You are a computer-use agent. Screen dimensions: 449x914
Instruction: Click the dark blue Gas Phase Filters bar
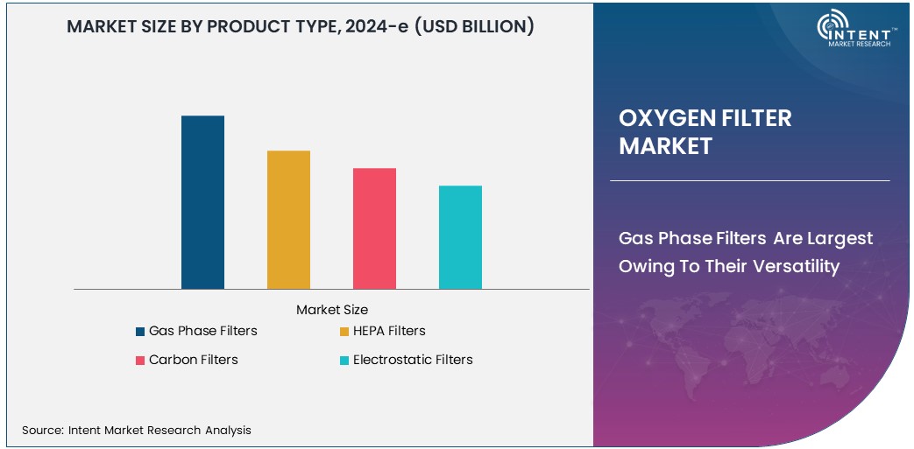click(x=202, y=202)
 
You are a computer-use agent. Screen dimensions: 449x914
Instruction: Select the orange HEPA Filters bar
click(x=288, y=220)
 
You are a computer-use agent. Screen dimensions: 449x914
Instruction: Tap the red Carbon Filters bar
click(x=374, y=228)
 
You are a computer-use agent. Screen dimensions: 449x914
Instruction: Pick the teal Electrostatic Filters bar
click(x=460, y=237)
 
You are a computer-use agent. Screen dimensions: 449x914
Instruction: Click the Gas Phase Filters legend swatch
click(x=140, y=332)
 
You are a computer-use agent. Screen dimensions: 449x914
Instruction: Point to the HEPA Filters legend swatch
click(x=344, y=332)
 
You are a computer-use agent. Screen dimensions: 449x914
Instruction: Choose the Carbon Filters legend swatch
click(x=140, y=361)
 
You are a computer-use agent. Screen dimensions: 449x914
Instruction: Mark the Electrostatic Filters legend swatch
click(x=344, y=361)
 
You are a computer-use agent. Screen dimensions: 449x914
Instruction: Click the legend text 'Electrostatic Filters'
click(x=413, y=360)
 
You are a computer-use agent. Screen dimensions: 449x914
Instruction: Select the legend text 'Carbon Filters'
click(x=194, y=360)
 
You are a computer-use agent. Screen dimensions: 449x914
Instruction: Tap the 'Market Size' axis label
click(x=332, y=310)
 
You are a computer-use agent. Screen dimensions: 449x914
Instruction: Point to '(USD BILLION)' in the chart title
click(x=473, y=27)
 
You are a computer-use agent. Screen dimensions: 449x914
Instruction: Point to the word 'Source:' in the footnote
click(x=42, y=430)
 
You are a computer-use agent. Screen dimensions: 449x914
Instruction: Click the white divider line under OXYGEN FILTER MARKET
click(x=749, y=181)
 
